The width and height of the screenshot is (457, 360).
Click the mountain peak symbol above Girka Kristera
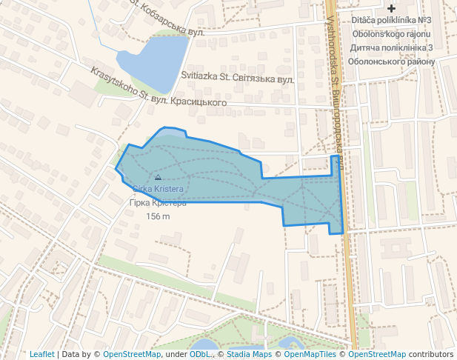[x=158, y=177]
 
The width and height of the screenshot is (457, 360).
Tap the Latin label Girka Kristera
[x=158, y=189]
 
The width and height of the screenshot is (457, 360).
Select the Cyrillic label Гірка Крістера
[x=158, y=203]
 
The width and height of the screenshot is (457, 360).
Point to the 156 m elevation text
[x=158, y=216]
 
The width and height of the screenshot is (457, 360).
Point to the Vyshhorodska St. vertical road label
[x=335, y=81]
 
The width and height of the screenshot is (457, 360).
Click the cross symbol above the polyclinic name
[x=391, y=7]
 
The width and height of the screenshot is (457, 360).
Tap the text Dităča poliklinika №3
[x=391, y=20]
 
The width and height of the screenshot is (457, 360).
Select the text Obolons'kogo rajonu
[x=391, y=34]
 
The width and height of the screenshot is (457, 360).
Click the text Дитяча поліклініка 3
[x=391, y=48]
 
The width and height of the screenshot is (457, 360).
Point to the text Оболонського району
[x=391, y=61]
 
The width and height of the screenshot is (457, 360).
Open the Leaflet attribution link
[x=41, y=354]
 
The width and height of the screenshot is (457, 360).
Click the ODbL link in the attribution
[x=200, y=354]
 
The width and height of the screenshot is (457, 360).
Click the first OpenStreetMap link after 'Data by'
[x=132, y=354]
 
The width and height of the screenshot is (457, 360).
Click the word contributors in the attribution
[x=431, y=354]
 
